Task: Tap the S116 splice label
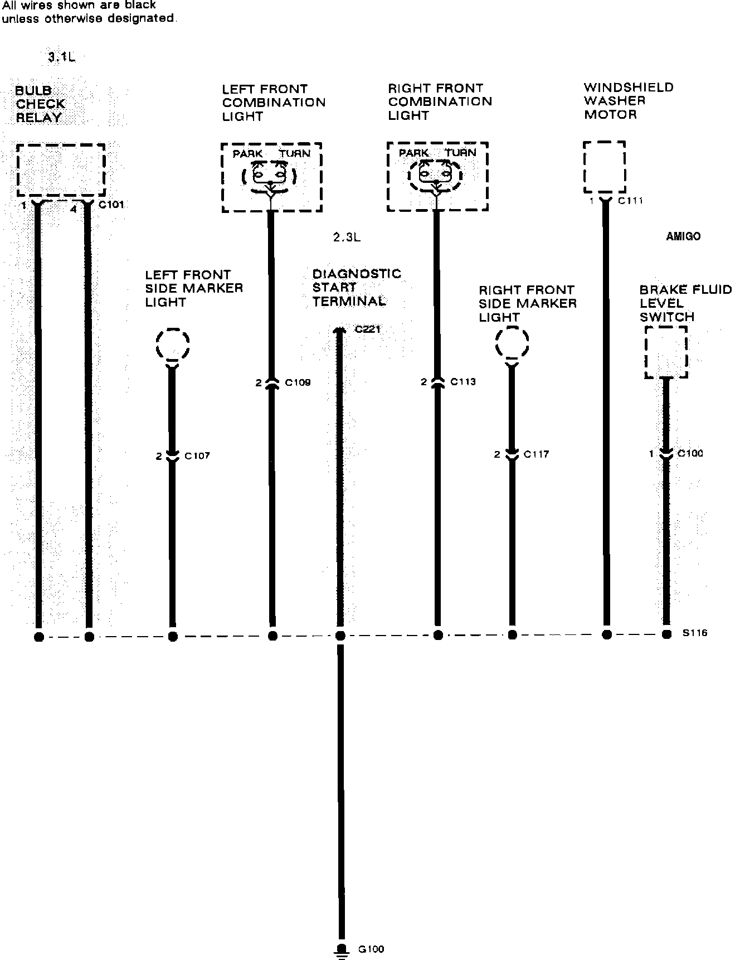click(x=694, y=633)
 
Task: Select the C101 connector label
click(x=111, y=205)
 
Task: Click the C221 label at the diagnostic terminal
click(x=367, y=329)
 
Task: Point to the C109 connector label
click(x=298, y=382)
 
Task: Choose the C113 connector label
click(x=463, y=382)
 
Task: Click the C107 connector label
click(x=197, y=456)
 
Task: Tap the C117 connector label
click(x=536, y=454)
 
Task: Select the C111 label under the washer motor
click(x=630, y=201)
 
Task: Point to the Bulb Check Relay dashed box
click(x=61, y=169)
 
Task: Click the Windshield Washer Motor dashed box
click(x=604, y=167)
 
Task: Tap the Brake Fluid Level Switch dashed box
click(x=666, y=352)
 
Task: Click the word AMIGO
click(x=683, y=236)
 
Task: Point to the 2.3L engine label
click(x=347, y=237)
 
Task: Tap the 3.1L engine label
click(x=61, y=57)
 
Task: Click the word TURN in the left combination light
click(x=295, y=154)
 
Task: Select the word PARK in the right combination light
click(x=413, y=153)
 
